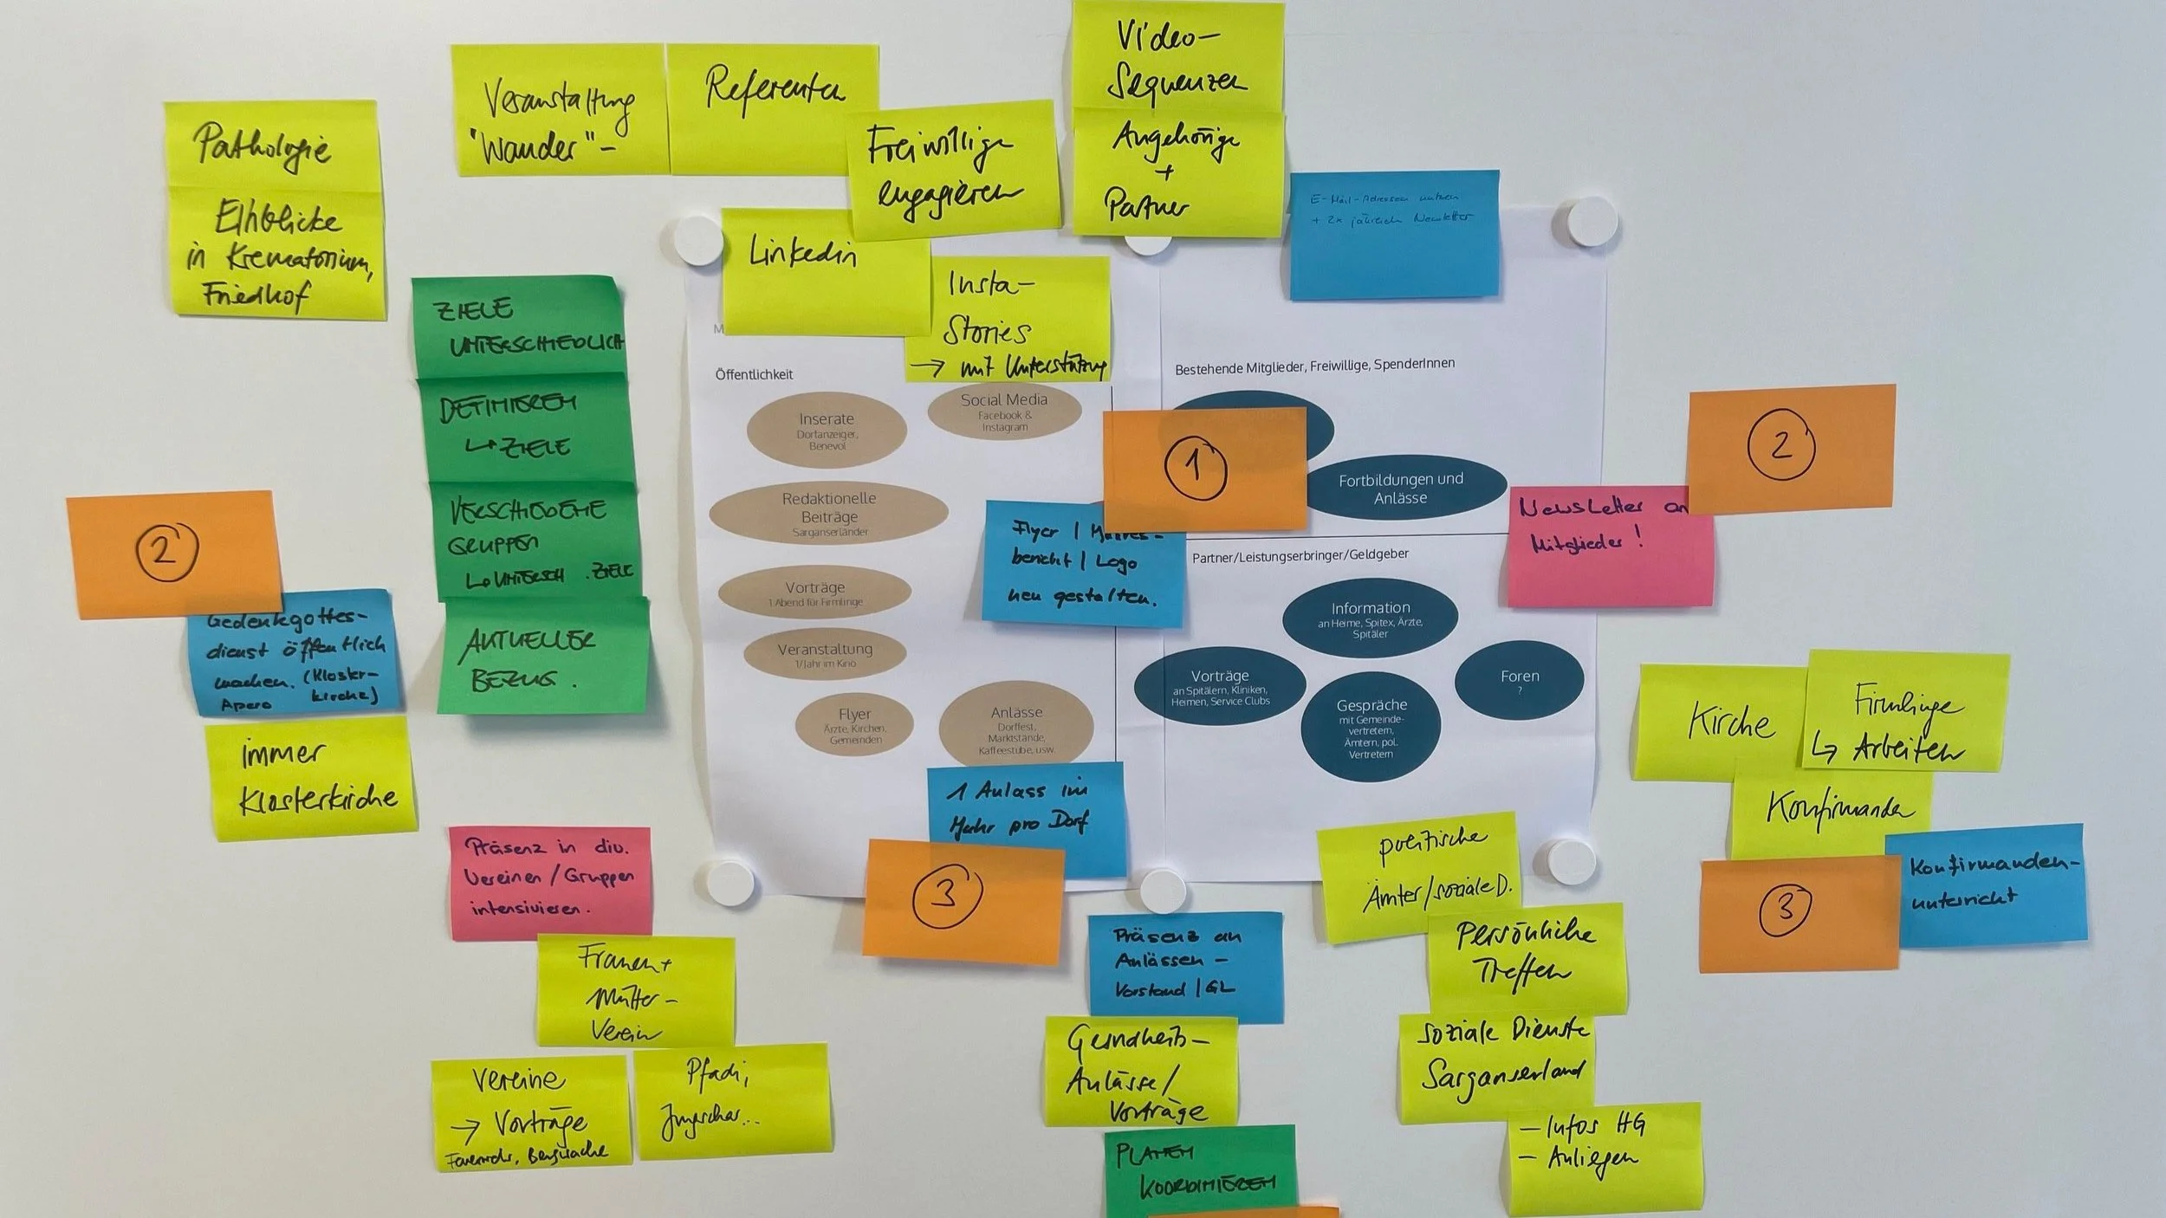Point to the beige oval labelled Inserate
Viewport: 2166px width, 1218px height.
click(826, 430)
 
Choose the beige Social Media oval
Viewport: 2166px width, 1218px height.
click(1004, 411)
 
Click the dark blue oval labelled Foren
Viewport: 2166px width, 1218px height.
click(1519, 679)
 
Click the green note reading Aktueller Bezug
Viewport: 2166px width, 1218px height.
click(542, 658)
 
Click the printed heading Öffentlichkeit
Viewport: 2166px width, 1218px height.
click(754, 374)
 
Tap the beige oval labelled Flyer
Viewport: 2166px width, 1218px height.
click(854, 724)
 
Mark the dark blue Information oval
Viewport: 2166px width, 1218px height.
click(1370, 617)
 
